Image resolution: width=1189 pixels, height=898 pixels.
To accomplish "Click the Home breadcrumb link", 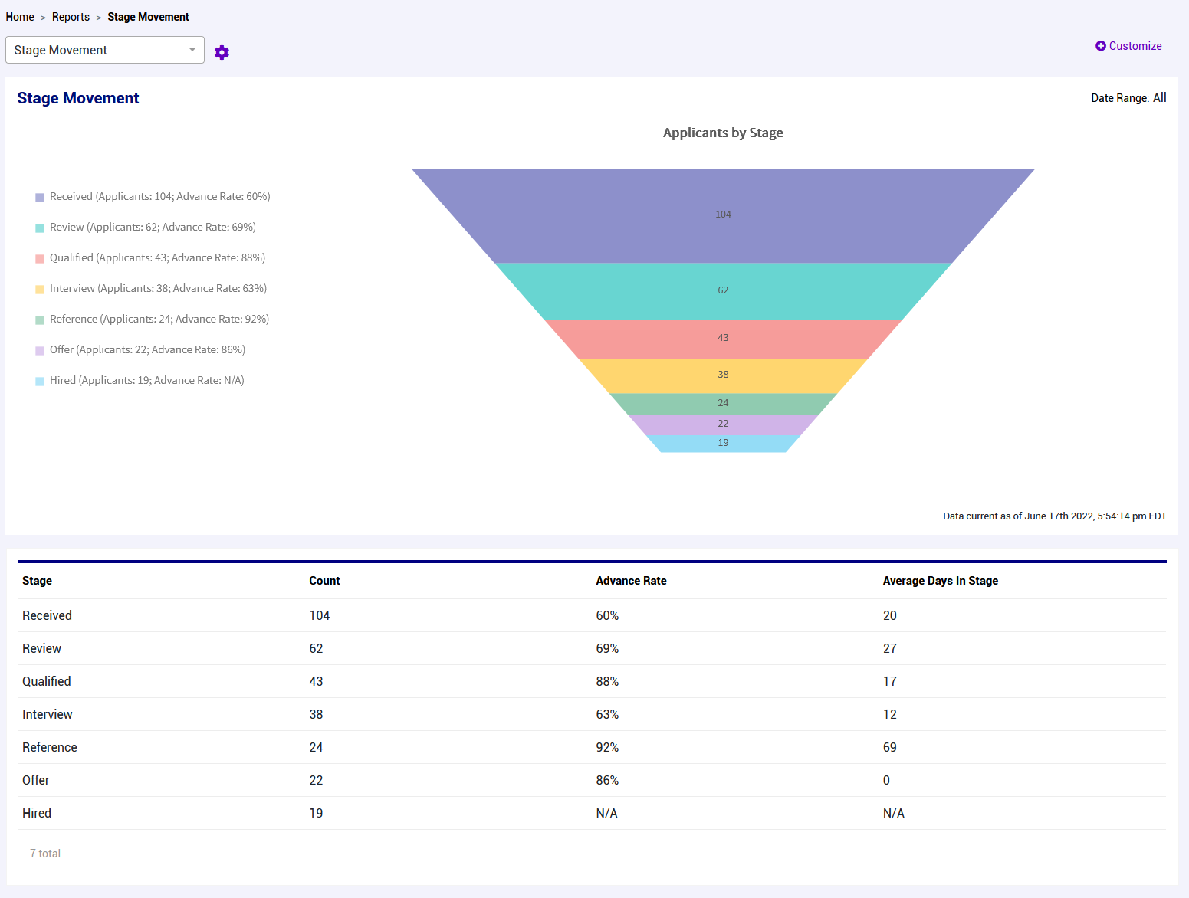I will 20,17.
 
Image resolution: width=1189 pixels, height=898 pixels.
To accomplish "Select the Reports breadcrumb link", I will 71,17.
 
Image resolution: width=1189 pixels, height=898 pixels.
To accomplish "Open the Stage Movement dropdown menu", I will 105,50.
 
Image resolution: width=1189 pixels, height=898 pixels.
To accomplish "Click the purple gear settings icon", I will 222,52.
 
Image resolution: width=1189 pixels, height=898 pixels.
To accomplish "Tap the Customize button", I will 1128,46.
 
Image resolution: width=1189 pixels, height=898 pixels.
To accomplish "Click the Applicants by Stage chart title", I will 722,133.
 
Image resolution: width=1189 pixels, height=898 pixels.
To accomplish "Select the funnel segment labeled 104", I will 723,215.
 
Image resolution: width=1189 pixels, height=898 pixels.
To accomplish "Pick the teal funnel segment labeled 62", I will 723,290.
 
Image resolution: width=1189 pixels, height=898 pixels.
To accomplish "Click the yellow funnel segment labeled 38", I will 723,375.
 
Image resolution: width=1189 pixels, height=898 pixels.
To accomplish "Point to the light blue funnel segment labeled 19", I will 723,443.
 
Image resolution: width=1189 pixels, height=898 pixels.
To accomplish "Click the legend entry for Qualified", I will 157,258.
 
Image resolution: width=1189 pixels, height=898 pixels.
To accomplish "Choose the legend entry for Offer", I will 147,350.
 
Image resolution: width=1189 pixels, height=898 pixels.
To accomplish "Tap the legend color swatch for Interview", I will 40,290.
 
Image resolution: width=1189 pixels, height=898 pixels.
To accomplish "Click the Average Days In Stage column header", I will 940,581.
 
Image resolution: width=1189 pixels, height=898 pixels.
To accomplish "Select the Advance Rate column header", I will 631,581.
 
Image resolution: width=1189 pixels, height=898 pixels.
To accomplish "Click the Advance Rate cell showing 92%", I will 607,747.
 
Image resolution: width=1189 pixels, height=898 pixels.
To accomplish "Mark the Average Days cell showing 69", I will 889,747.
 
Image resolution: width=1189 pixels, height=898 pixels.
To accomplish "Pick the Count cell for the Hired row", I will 316,813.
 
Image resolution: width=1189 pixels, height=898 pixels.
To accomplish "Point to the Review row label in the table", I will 41,648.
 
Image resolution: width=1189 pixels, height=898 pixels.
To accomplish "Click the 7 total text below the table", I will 45,854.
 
